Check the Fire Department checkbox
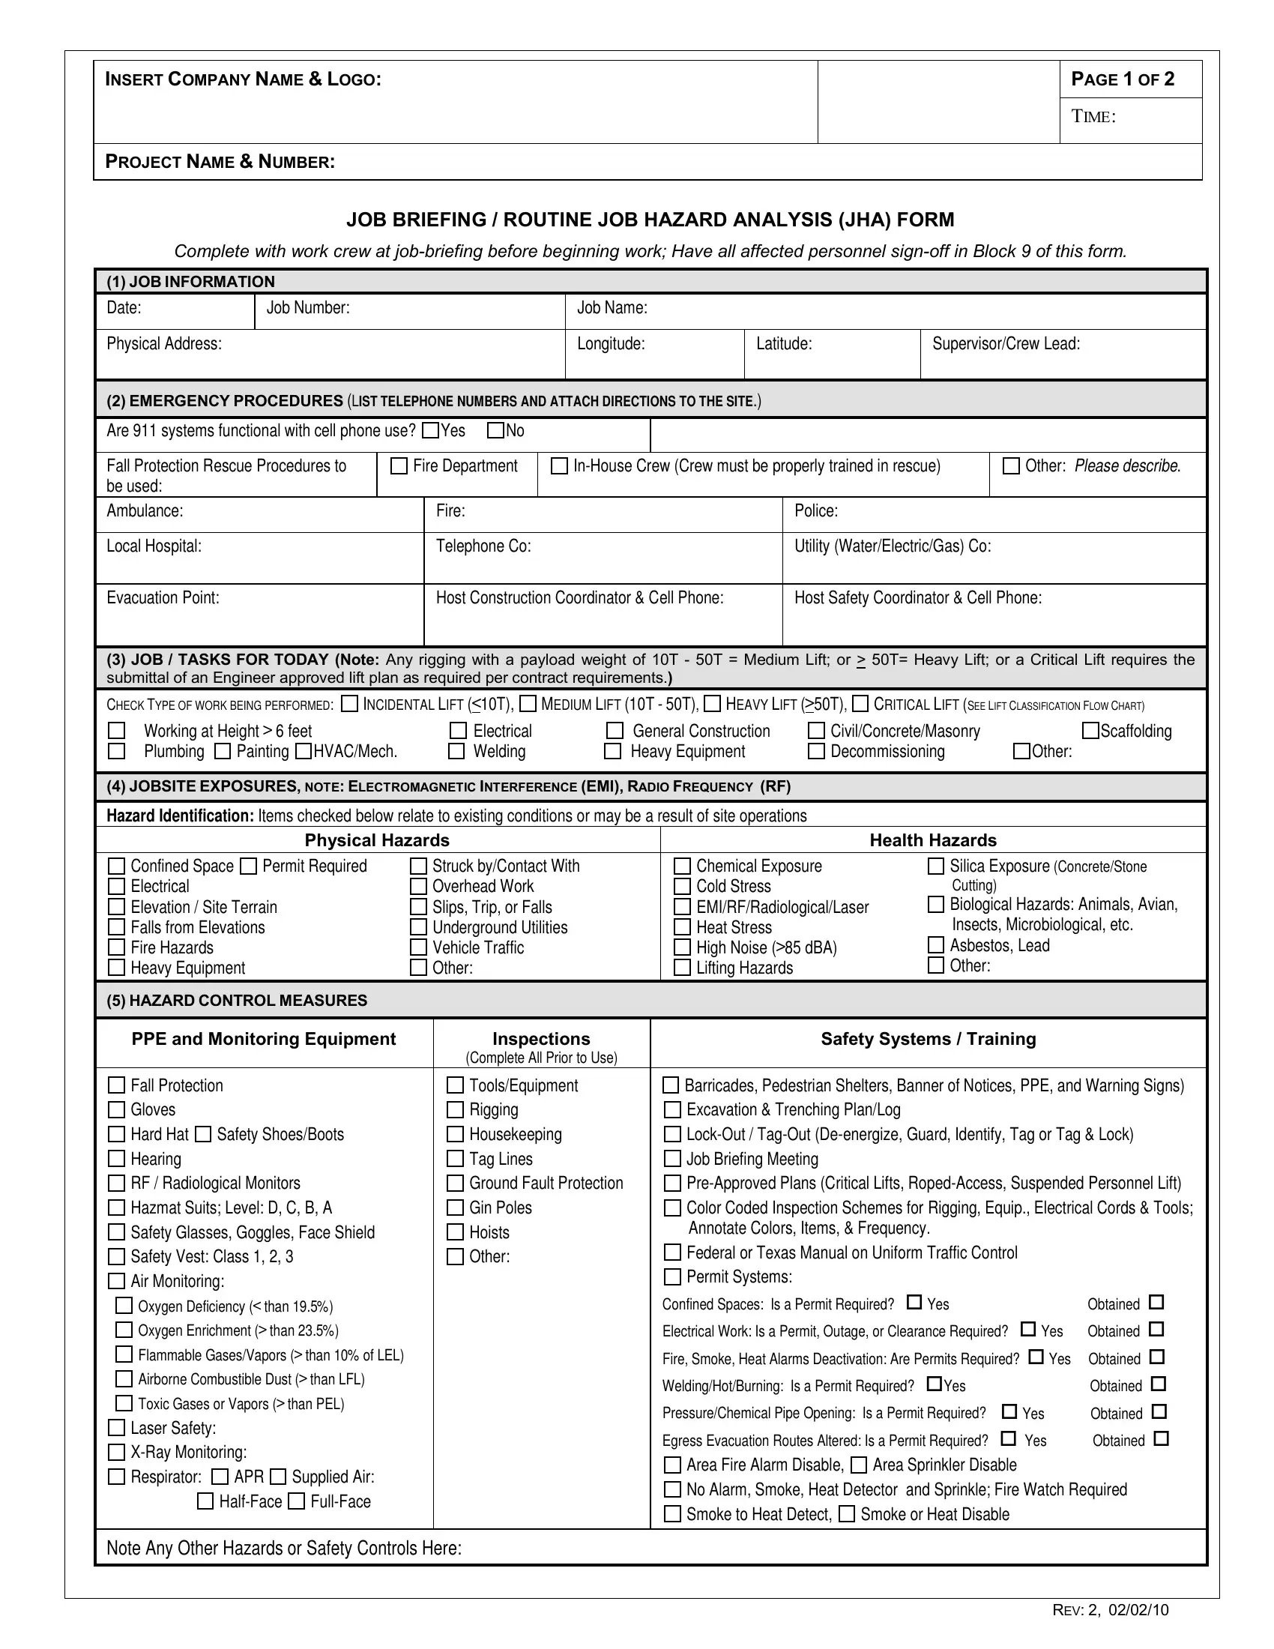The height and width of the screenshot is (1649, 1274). coord(399,466)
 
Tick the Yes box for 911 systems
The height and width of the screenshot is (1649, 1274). coord(430,430)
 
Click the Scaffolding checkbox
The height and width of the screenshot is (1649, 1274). coord(1090,730)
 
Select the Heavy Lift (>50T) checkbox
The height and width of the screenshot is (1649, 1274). coord(712,704)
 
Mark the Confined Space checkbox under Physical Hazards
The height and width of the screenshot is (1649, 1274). coord(116,866)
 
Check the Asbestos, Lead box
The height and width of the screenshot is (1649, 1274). coord(935,944)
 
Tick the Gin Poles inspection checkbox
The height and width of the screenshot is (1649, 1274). coord(455,1208)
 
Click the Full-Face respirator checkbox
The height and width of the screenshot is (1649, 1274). coord(298,1501)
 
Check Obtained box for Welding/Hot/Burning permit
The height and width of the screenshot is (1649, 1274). coord(1159,1384)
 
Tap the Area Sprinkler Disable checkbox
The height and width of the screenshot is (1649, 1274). coord(859,1465)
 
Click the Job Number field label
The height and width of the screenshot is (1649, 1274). coord(307,307)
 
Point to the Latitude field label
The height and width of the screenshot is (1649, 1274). coord(783,343)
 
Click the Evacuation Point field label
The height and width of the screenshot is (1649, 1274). coord(163,597)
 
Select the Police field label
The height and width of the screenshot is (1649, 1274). coord(815,510)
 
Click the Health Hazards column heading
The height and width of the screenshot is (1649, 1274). coord(932,840)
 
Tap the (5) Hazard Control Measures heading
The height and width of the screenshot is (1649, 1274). coord(236,1000)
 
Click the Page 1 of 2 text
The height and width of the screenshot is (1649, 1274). coord(1123,79)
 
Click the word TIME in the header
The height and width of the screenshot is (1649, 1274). coord(1092,116)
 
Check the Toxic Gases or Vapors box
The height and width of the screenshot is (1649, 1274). coord(123,1403)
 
